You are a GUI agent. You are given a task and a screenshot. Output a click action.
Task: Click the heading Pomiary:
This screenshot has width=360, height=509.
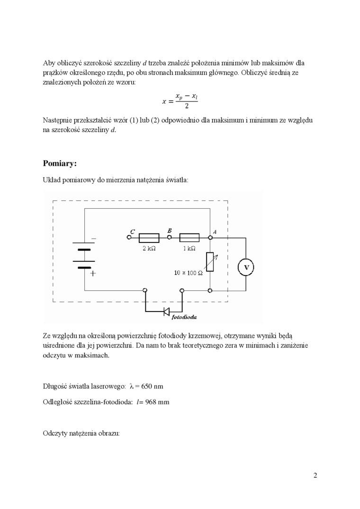point(60,163)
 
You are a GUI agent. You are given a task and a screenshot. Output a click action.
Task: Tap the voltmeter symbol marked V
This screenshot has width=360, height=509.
point(246,268)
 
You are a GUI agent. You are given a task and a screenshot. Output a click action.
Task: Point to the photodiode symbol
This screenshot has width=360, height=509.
point(166,311)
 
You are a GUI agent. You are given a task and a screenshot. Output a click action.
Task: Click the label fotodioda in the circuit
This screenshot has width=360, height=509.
point(184,316)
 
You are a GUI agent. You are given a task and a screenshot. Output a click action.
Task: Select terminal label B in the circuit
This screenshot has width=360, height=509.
point(170,230)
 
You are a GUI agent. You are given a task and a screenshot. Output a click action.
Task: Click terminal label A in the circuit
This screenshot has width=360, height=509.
point(215,232)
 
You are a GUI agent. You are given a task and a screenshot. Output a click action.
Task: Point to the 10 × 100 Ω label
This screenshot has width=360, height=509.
point(188,273)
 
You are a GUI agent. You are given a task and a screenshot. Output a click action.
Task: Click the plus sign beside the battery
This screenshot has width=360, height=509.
point(93,273)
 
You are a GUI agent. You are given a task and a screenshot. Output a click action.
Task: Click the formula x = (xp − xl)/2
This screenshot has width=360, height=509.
point(180,101)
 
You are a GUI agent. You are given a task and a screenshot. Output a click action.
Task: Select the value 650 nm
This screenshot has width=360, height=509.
point(152,386)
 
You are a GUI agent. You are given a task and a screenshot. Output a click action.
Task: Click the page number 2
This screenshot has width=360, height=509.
point(315,475)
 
